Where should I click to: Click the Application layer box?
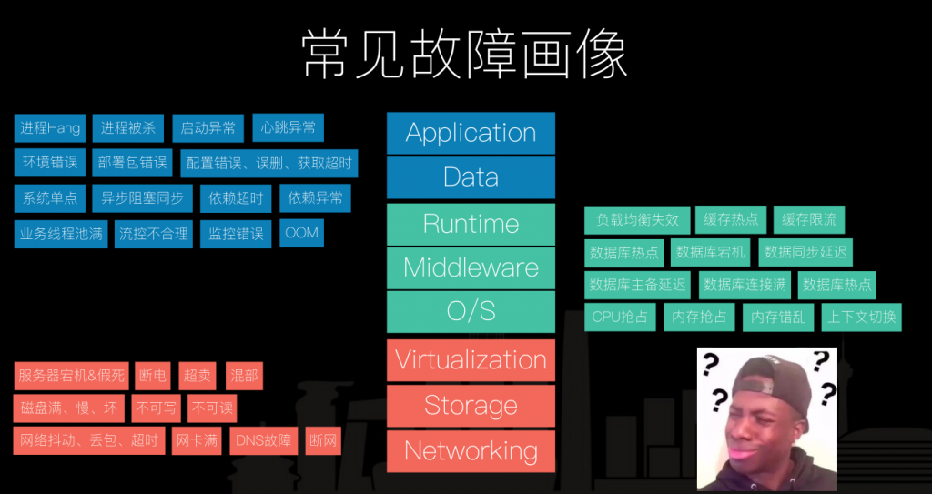471,133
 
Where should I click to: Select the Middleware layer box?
471,268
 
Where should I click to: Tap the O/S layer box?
471,312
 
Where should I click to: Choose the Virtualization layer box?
471,359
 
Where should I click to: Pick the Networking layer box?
471,451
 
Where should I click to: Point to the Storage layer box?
471,406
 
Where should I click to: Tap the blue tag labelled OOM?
301,233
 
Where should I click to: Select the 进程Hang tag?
50,128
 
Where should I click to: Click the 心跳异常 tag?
288,128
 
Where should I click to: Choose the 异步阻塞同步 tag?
142,198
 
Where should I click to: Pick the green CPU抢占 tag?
620,317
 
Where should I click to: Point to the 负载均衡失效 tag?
637,219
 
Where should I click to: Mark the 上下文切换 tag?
860,317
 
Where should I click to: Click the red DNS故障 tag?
264,441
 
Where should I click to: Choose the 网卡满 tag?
197,441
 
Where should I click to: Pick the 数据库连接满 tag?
745,285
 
